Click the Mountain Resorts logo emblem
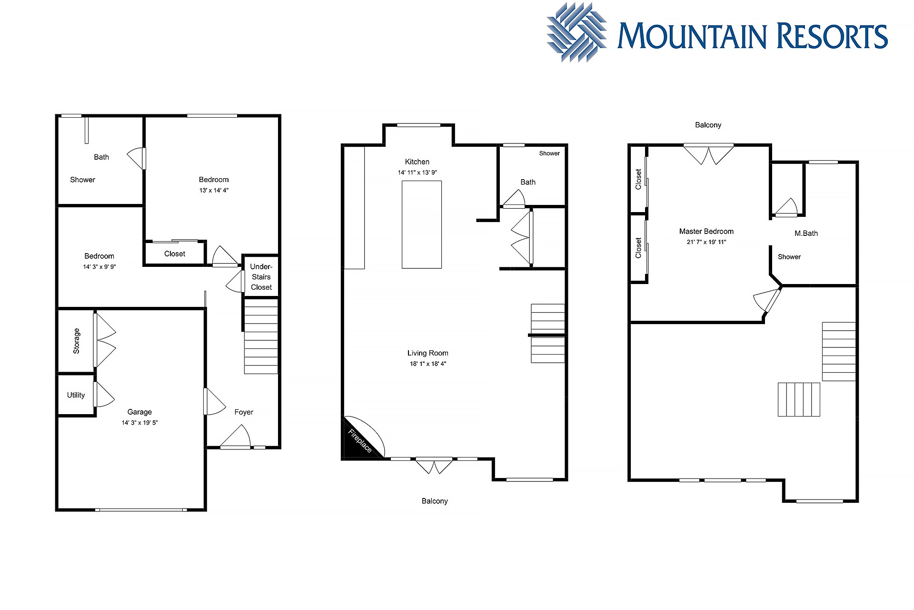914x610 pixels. [x=576, y=32]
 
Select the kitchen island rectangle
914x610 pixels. [x=422, y=224]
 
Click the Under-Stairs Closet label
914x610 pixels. [x=261, y=277]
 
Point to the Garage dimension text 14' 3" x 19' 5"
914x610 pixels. [x=139, y=423]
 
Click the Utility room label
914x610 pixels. [x=76, y=395]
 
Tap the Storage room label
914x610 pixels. [x=76, y=341]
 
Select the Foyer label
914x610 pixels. [x=244, y=412]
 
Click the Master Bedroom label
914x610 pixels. [x=706, y=232]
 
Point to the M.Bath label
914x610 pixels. [x=806, y=234]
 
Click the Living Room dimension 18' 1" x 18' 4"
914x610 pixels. [x=428, y=364]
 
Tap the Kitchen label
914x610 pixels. [x=417, y=162]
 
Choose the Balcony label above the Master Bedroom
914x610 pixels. [x=708, y=125]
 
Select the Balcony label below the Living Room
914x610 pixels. [x=435, y=501]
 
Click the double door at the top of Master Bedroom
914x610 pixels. [x=709, y=154]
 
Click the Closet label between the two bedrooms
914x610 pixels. [x=175, y=254]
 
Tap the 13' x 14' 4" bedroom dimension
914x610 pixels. [x=214, y=191]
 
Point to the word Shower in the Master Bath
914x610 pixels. [x=789, y=257]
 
